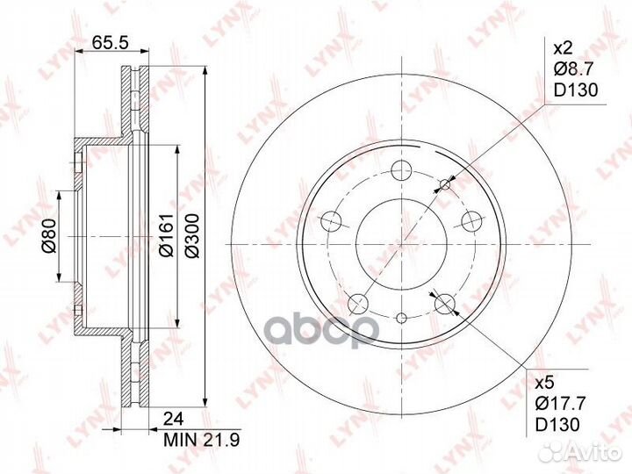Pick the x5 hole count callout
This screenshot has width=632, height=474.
pyautogui.click(x=545, y=384)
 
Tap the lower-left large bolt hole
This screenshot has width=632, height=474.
pyautogui.click(x=357, y=304)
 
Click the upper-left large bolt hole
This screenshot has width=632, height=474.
pyautogui.click(x=332, y=220)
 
